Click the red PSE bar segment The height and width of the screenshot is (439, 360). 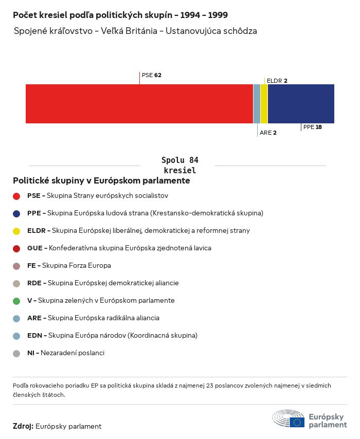pos(139,104)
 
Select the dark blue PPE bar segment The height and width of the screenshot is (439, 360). pos(301,104)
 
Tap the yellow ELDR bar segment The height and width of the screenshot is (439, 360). pos(264,104)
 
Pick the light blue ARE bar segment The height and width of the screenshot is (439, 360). pos(257,104)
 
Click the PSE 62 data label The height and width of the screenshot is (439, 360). pos(152,75)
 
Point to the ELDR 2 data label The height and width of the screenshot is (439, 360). pos(277,81)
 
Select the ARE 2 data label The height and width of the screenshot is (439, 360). pos(268,133)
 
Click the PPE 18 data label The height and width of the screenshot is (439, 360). pos(312,127)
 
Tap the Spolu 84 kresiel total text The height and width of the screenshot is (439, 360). pos(179,165)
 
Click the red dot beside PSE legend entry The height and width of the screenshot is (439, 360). pos(16,196)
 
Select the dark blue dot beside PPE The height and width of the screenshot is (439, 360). pos(16,213)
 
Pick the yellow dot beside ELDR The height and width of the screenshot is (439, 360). pos(16,231)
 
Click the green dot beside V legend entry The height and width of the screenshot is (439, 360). pos(16,301)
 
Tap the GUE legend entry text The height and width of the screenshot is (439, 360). pos(119,248)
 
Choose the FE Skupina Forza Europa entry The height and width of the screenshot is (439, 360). pos(69,265)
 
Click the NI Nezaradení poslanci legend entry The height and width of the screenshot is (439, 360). pos(65,353)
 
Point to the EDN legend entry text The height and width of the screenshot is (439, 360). pos(112,335)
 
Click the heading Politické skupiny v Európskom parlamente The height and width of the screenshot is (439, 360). pos(101,181)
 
